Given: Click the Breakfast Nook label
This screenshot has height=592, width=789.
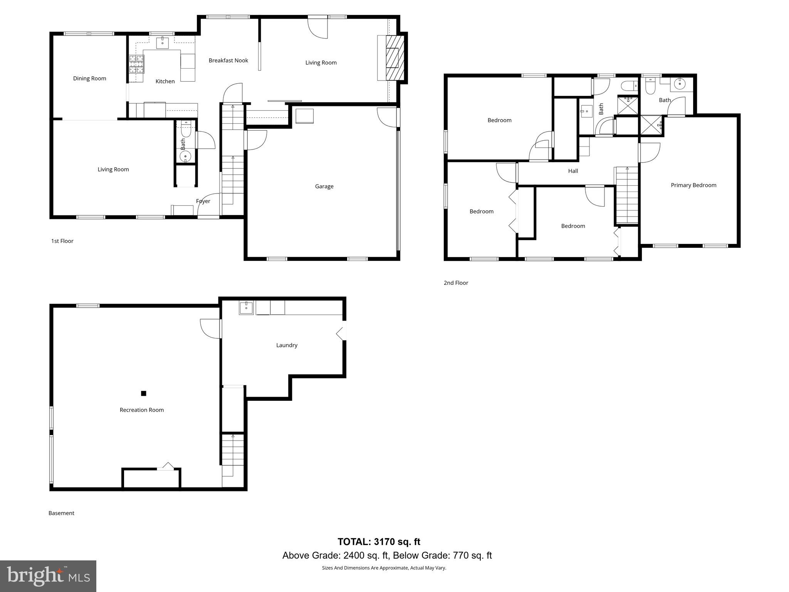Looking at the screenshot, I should (x=228, y=61).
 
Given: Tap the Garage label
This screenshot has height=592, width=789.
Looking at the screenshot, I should (x=324, y=187).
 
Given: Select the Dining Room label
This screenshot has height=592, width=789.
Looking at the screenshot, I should (x=89, y=79).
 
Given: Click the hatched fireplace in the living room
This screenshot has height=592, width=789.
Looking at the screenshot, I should (x=395, y=58).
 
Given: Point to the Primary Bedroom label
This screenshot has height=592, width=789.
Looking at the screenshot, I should (x=693, y=185).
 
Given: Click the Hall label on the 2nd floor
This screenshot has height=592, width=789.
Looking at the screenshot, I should (x=573, y=171).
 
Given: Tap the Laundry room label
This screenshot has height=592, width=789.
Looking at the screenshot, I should (x=287, y=345).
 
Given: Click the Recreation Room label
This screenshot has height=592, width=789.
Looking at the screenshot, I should (x=141, y=410).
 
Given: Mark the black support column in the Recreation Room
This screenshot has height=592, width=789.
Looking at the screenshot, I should (x=143, y=394).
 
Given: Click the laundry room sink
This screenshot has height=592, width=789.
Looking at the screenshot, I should (x=246, y=308).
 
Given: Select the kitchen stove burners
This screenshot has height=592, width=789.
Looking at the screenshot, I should (x=136, y=64).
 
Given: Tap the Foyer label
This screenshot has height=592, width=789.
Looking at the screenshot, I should (x=203, y=201).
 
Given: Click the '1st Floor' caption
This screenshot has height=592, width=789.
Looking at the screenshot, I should (x=62, y=241).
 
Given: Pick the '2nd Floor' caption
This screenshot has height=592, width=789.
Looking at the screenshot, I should (x=456, y=283).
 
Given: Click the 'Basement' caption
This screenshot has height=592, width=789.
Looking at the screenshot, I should (x=61, y=513).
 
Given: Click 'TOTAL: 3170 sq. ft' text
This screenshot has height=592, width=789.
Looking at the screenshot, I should (x=379, y=542).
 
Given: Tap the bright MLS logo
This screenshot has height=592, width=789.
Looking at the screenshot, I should (x=48, y=576).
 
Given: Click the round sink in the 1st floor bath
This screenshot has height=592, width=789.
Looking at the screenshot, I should (x=185, y=157).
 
